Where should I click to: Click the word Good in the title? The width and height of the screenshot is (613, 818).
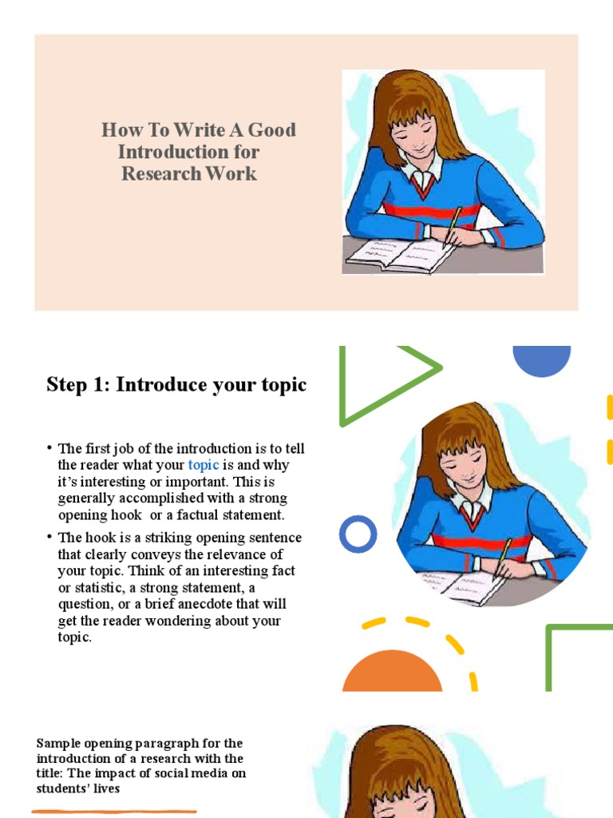click(271, 130)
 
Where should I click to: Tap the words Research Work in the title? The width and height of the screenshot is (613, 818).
click(189, 173)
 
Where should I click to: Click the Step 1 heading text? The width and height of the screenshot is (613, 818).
click(176, 384)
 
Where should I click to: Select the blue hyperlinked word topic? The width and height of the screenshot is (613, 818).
click(204, 465)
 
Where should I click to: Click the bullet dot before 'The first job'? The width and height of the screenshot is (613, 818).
click(49, 448)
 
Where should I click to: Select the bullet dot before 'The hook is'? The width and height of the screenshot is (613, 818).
click(49, 538)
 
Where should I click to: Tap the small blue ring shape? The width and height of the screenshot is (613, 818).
click(358, 534)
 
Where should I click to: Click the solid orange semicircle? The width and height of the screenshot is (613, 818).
click(392, 674)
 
